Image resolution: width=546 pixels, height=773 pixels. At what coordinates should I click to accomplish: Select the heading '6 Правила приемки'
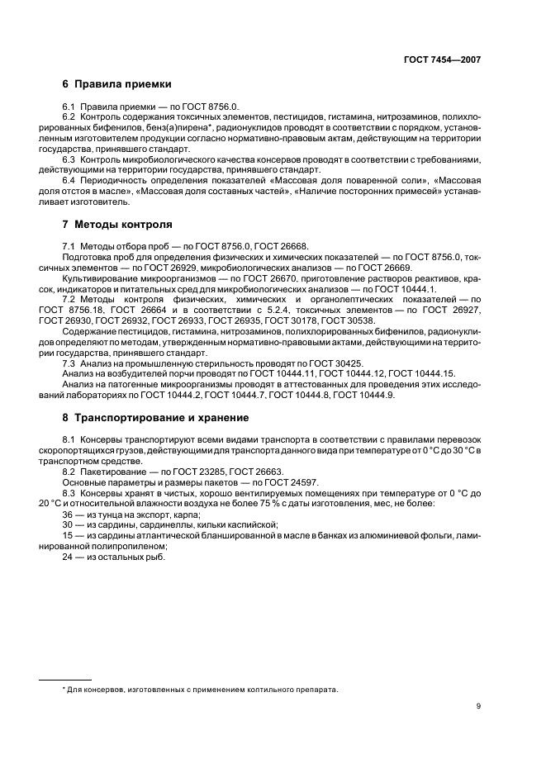point(116,84)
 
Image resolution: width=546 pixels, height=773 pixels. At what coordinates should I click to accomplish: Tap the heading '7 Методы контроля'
point(117,224)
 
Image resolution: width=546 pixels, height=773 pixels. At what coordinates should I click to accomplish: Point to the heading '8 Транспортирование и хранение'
point(155,418)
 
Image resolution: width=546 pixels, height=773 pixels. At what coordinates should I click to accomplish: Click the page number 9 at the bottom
point(478,705)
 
